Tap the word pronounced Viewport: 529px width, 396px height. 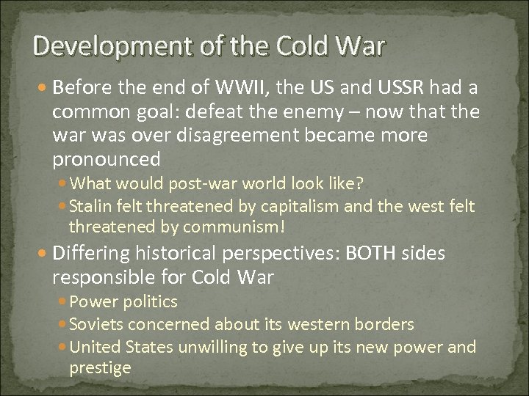(x=107, y=160)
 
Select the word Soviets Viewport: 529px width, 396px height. (x=97, y=323)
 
